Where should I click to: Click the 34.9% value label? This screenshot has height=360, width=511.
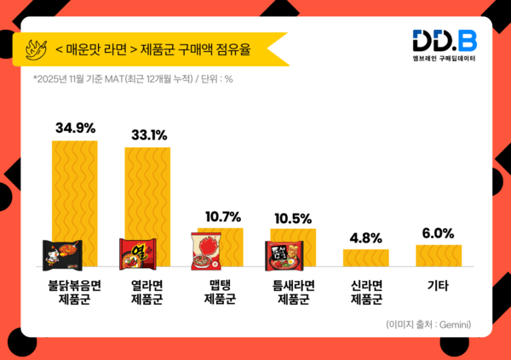pos(75,128)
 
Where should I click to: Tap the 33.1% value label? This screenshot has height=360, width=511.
pos(149,134)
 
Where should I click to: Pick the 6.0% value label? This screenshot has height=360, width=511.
pos(439,233)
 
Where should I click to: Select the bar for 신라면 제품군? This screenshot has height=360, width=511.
pos(366,257)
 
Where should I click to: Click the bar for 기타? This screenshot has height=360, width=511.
pos(439,255)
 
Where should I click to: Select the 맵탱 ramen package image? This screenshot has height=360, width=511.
pos(206,250)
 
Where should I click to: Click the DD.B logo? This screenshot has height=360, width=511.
pos(445,41)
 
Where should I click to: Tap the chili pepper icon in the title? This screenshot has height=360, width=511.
pos(38,48)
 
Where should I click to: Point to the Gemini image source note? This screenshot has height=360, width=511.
pos(428,324)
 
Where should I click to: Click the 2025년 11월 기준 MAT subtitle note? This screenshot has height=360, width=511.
pos(134,82)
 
